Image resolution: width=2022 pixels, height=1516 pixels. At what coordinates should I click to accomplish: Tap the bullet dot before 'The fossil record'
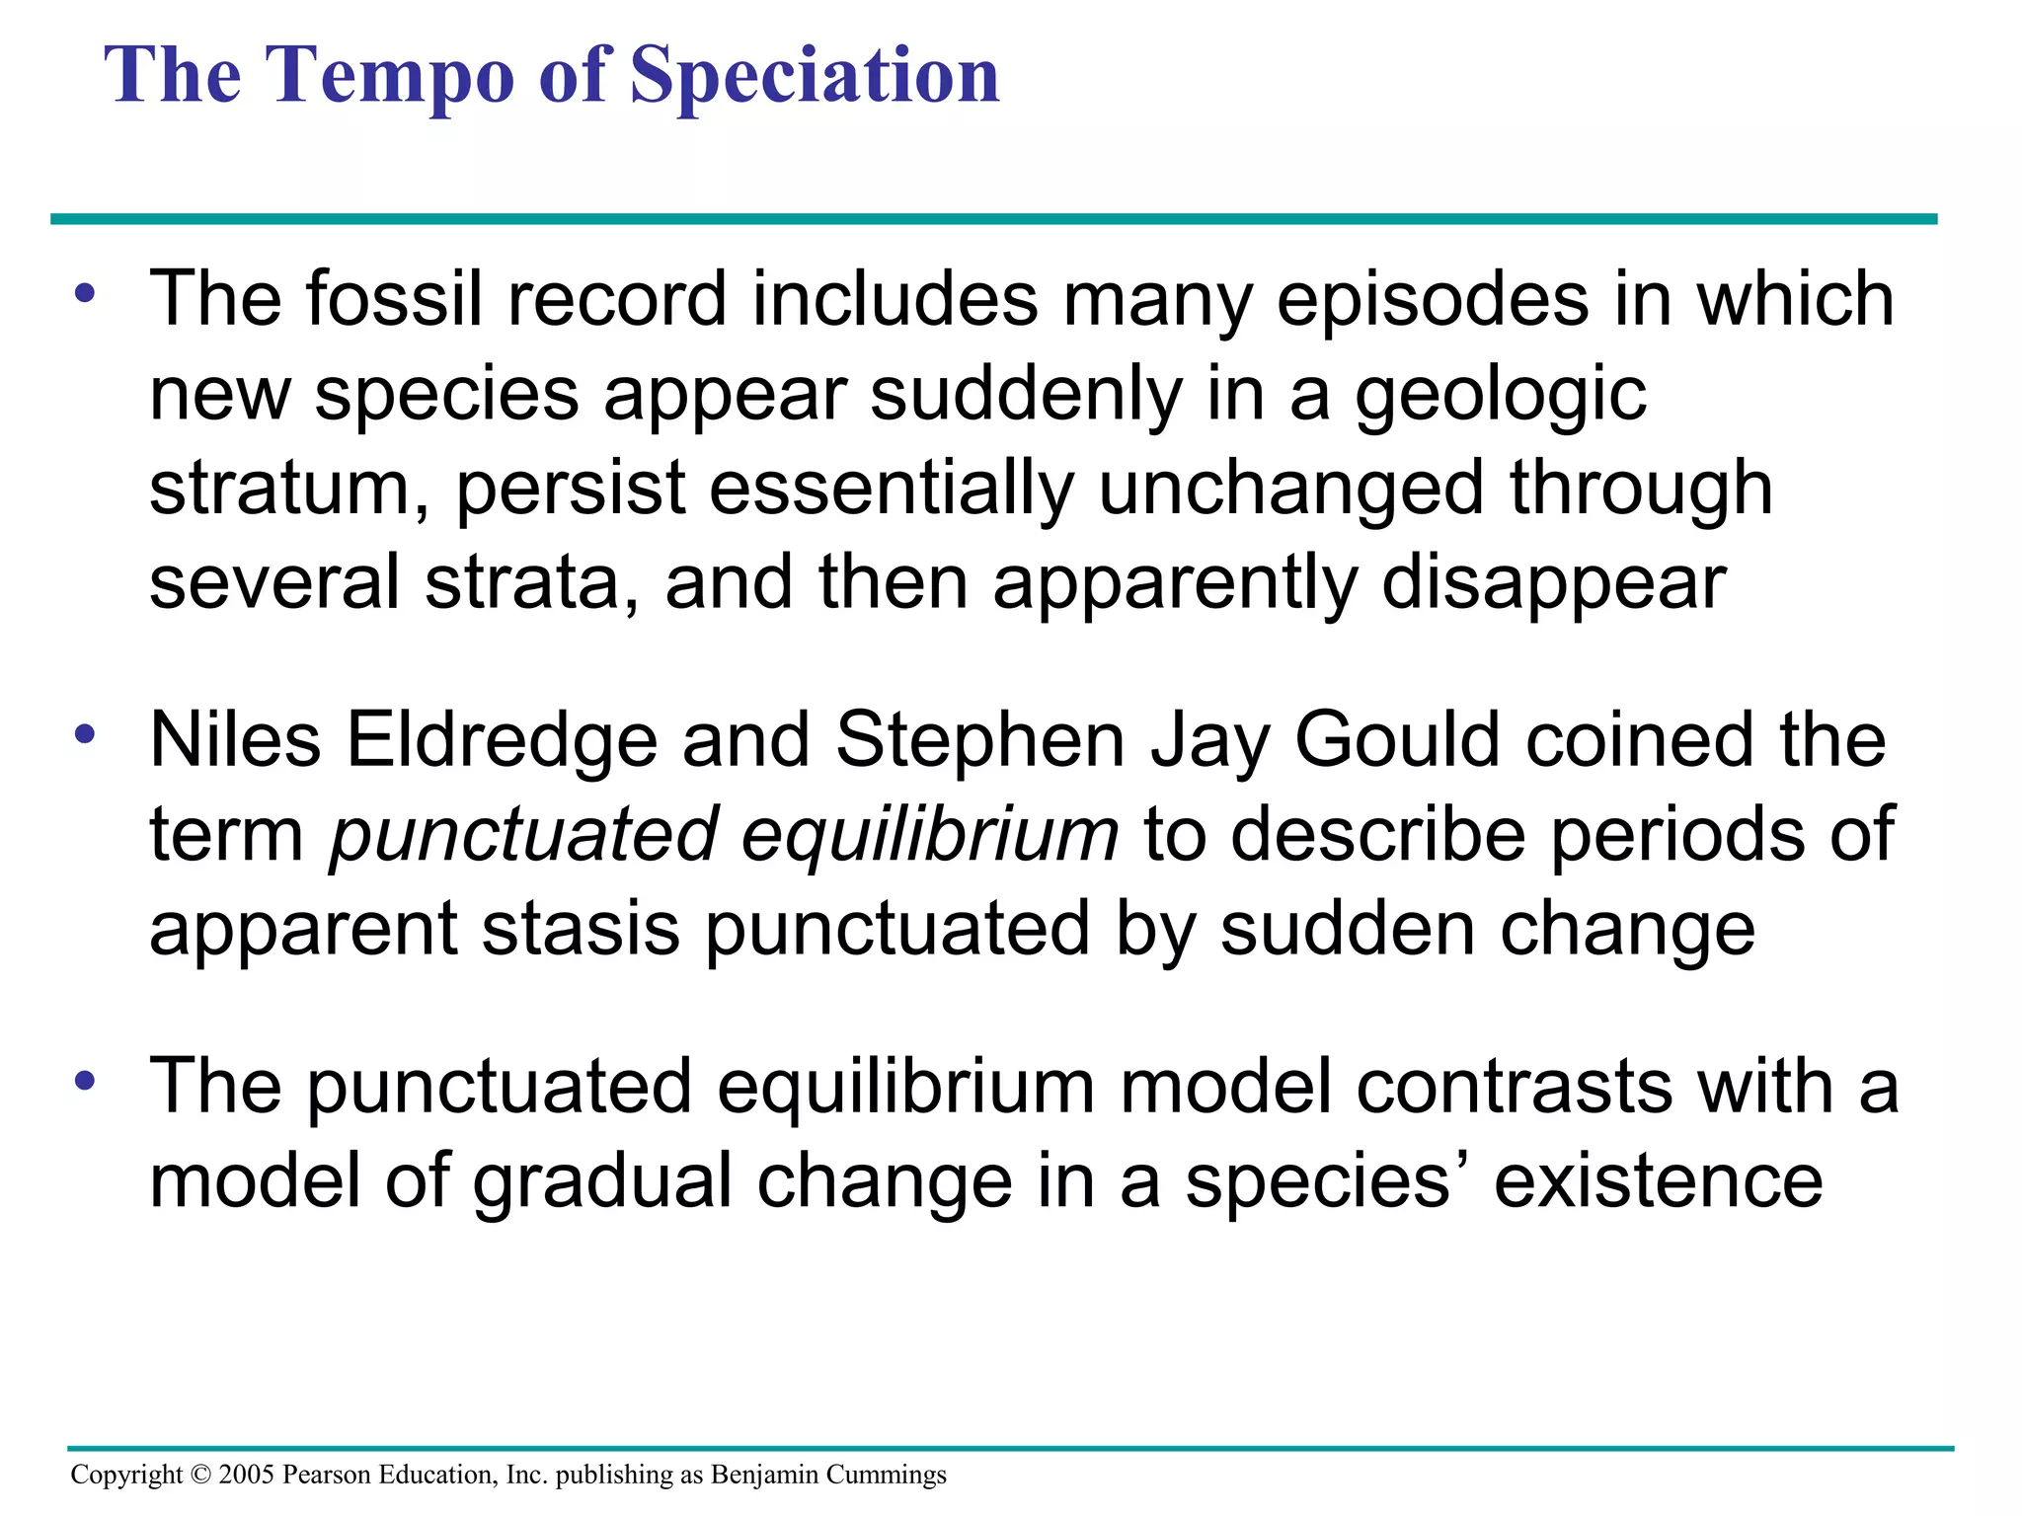(86, 293)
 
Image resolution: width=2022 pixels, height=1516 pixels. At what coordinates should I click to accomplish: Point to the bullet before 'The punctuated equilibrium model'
(86, 1080)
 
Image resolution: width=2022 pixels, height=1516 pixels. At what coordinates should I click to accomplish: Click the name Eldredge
(502, 740)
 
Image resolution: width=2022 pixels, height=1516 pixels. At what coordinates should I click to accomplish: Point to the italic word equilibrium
(929, 835)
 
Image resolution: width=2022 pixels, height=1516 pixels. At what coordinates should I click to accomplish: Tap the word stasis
(581, 930)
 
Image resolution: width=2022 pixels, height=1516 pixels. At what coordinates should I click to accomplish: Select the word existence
(1658, 1181)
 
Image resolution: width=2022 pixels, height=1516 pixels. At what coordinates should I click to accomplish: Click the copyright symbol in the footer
(200, 1476)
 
